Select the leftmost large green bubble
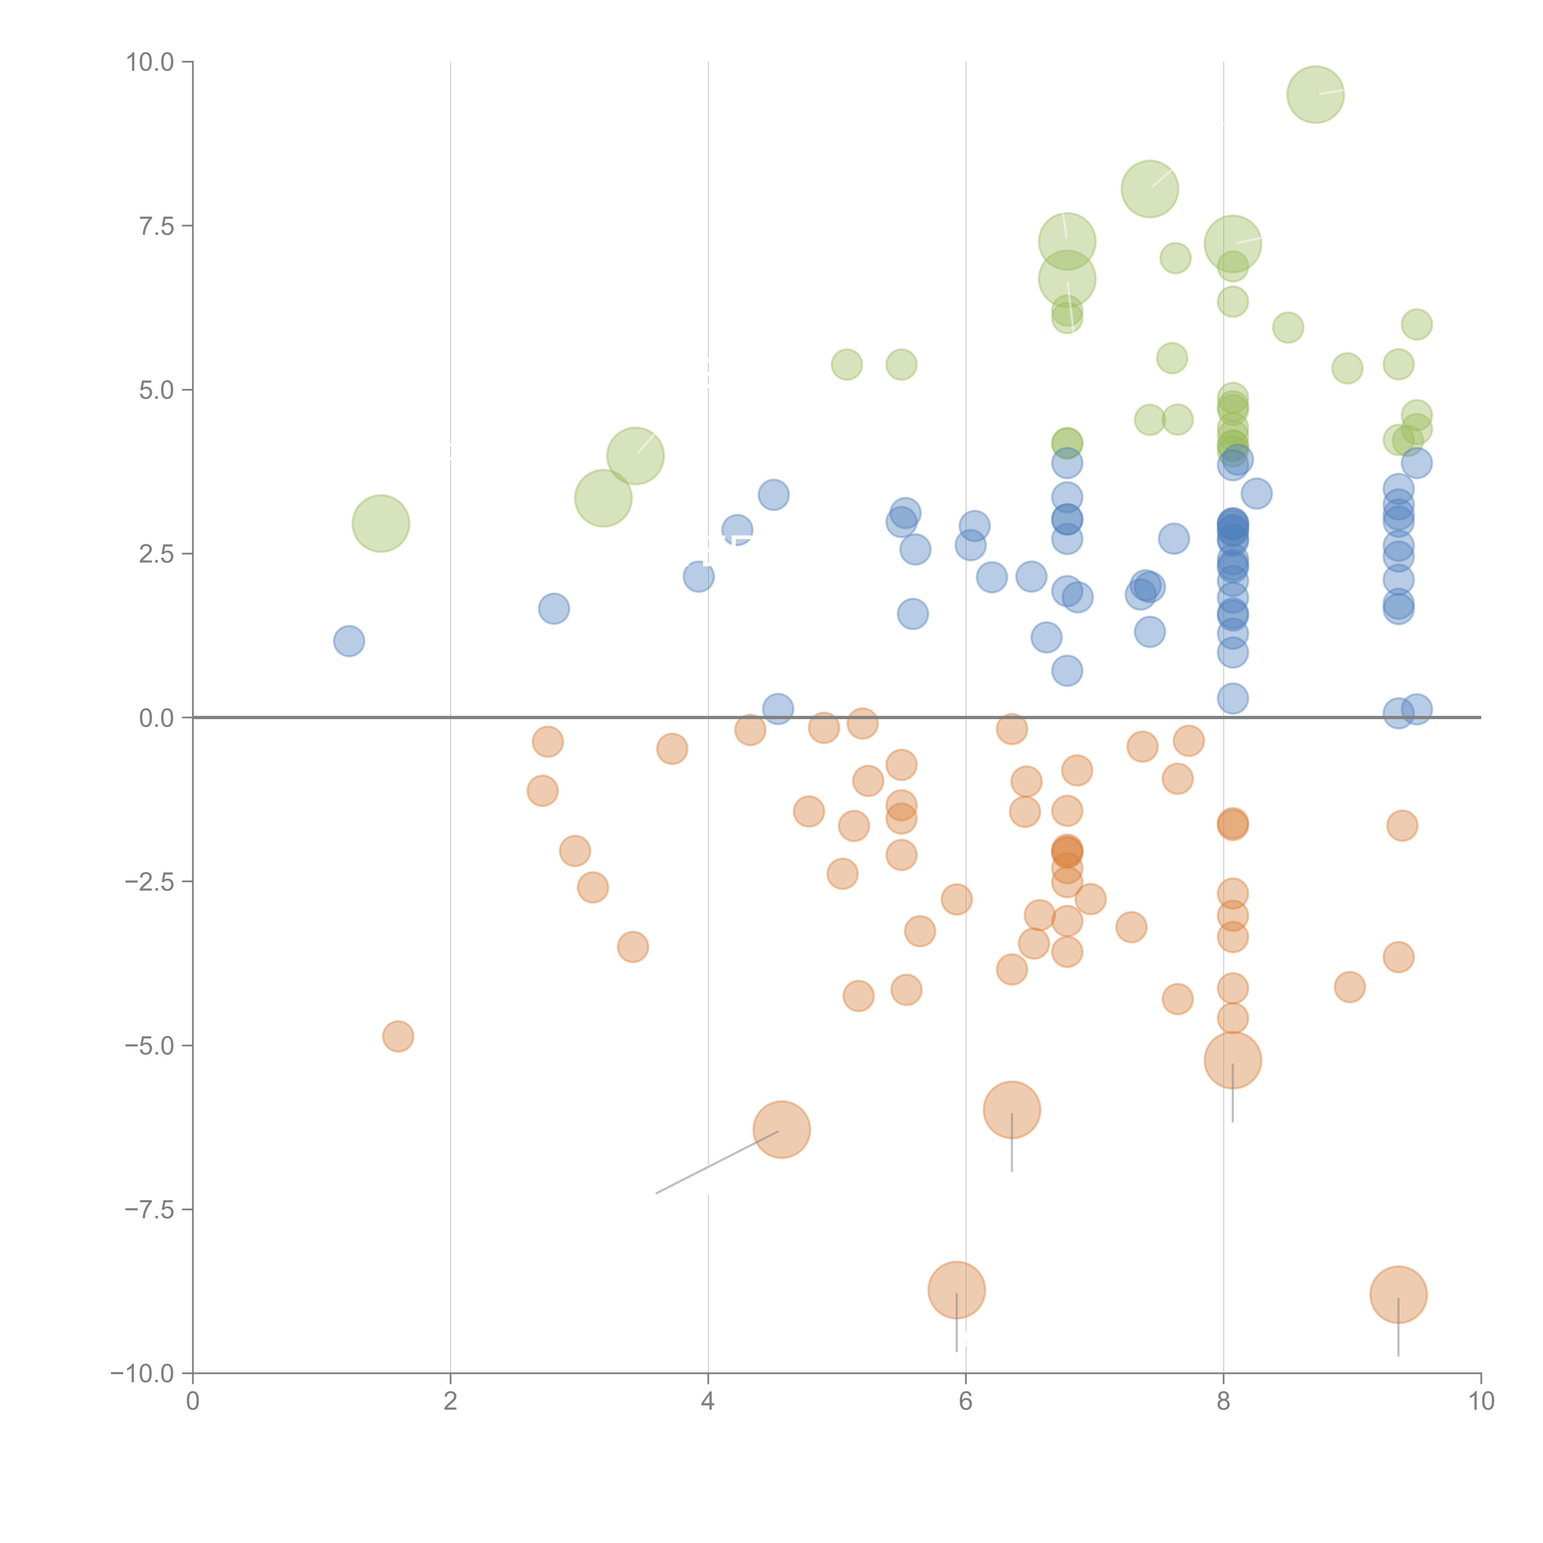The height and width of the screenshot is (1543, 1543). [x=381, y=523]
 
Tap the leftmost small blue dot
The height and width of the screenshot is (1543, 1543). [x=349, y=641]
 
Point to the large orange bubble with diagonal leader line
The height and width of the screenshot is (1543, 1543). [x=782, y=1129]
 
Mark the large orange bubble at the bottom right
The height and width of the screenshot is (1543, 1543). [x=1398, y=1295]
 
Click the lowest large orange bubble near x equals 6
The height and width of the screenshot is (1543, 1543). [x=956, y=1290]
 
